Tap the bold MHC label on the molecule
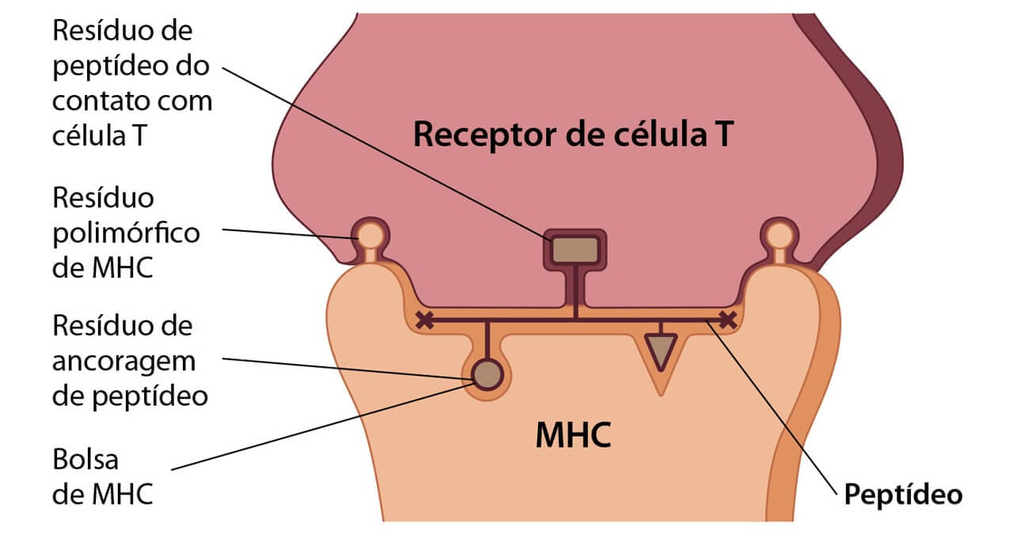pos(573,436)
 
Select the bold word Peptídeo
pos(903,495)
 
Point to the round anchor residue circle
pos(487,373)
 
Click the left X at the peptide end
pos(425,320)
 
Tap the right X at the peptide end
pos(727,320)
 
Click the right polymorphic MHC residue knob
pos(780,235)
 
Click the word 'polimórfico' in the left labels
pos(126,233)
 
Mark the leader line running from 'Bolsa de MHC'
pos(317,427)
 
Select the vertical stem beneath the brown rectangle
pos(575,293)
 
